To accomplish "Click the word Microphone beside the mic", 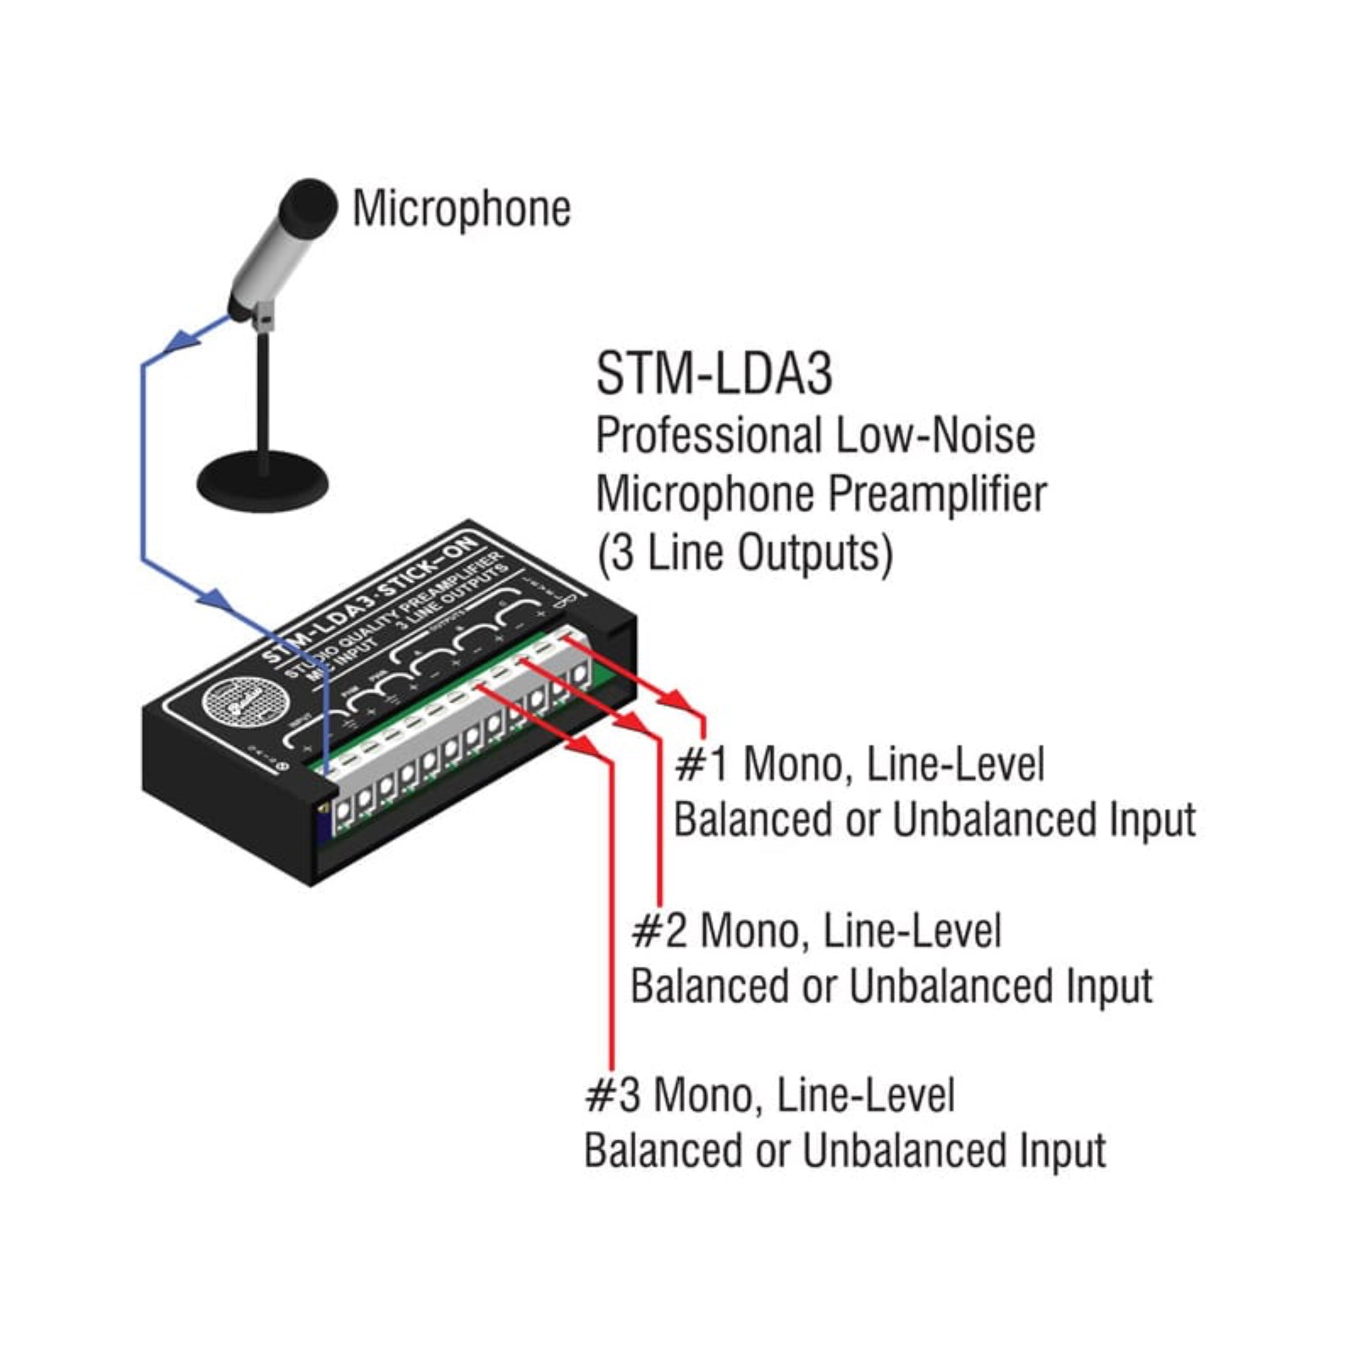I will point(461,209).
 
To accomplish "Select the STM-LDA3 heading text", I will point(714,374).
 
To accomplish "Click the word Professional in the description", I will point(708,436).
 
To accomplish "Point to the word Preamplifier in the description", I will point(937,495).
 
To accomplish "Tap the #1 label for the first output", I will point(701,764).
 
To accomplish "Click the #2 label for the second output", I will point(659,931).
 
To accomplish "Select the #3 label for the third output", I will point(612,1095).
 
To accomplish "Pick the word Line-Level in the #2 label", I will point(913,931).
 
